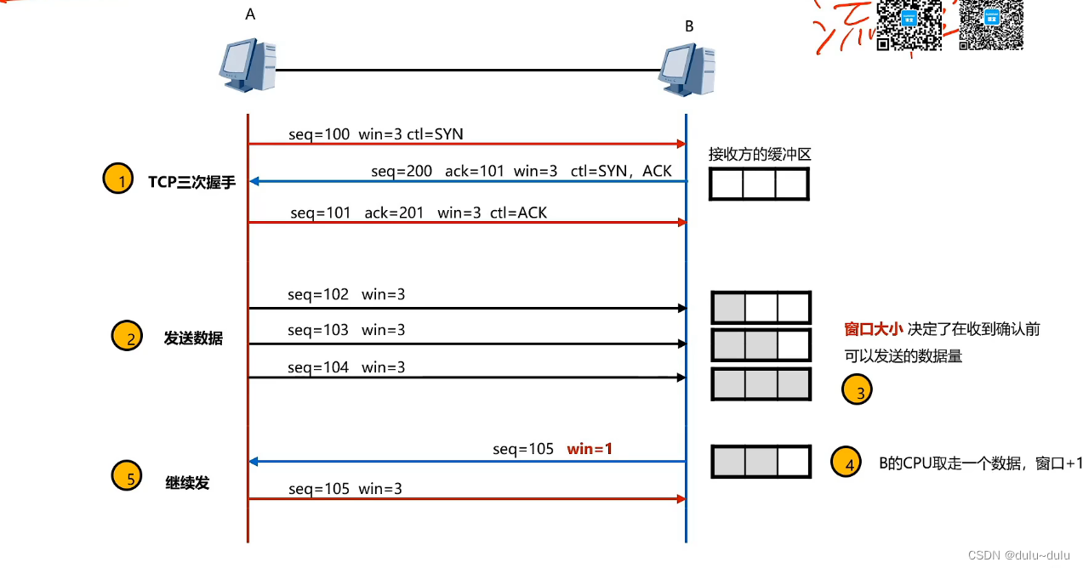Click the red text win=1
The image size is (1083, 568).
tap(590, 448)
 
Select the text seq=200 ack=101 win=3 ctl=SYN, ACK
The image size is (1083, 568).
tap(521, 171)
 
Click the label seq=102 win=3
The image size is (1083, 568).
tap(346, 295)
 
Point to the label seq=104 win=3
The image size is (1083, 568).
tap(346, 367)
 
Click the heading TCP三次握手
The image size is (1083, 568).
tap(191, 182)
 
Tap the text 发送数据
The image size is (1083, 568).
tap(193, 338)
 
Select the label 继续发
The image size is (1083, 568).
tap(187, 483)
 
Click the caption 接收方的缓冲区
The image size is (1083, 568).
tap(760, 155)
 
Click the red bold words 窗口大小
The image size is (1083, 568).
tap(872, 329)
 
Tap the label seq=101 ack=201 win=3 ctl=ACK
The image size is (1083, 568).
tap(419, 213)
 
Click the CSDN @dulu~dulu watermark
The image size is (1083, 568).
tap(1018, 554)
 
